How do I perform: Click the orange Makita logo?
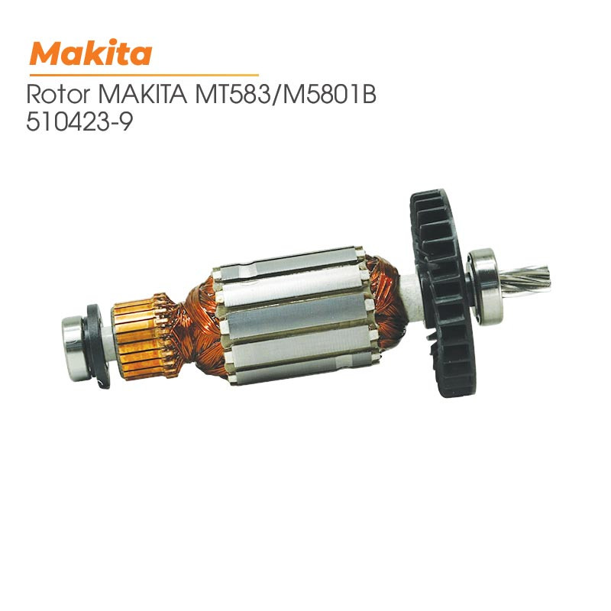click(x=91, y=53)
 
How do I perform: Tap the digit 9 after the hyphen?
click(x=125, y=122)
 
